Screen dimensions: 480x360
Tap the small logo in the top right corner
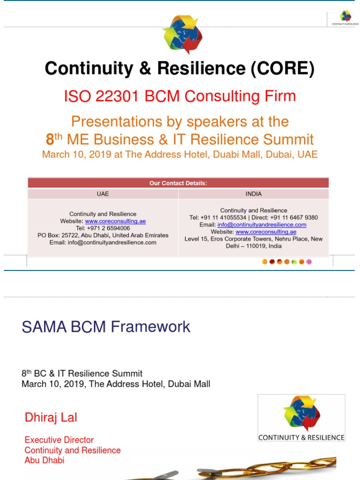coord(345,17)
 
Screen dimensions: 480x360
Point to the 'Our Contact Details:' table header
coord(178,183)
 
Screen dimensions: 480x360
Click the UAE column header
coord(103,194)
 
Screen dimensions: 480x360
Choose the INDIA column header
coord(254,194)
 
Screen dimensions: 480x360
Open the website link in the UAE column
coord(115,221)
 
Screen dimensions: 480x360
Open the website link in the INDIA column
coord(266,232)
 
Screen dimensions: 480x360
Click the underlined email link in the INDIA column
coord(262,225)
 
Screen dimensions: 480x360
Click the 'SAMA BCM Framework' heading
coord(106,327)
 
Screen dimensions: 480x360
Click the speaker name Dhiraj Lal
coord(51,418)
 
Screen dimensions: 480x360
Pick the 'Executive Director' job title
coord(59,440)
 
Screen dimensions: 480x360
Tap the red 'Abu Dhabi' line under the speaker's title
coord(45,460)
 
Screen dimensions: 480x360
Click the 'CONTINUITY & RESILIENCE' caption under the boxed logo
coord(301,437)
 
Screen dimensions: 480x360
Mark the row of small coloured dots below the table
coord(286,262)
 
